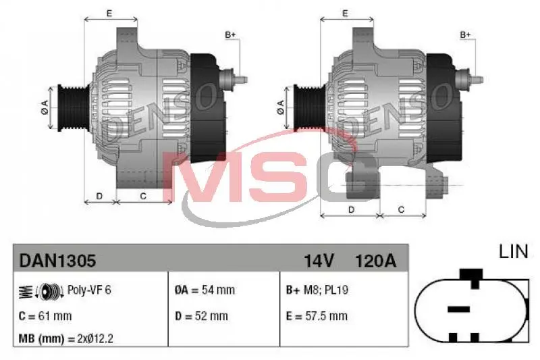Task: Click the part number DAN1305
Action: click(x=57, y=261)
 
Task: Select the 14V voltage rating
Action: click(x=319, y=261)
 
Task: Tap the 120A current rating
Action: click(x=375, y=261)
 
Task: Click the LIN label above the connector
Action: click(x=513, y=251)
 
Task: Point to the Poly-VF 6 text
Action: click(x=89, y=290)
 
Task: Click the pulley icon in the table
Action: click(x=41, y=291)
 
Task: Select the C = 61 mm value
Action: click(x=45, y=316)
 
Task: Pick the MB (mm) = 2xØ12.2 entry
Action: click(x=65, y=338)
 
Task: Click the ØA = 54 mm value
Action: click(x=205, y=290)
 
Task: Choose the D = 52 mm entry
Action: click(x=201, y=316)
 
